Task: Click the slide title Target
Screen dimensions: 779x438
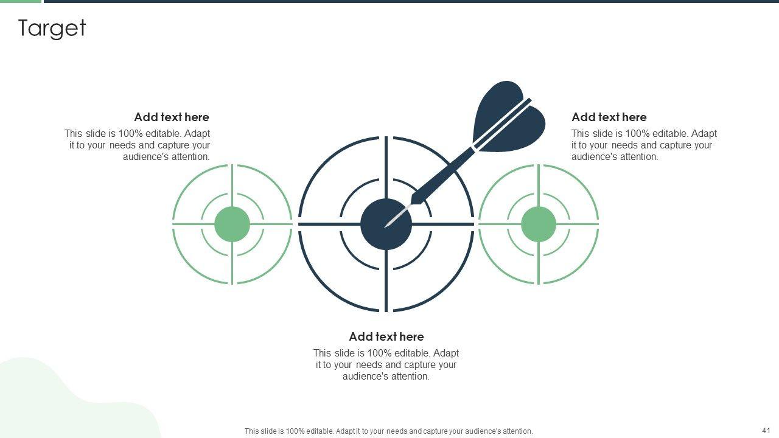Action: [52, 29]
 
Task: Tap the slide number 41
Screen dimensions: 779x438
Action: [766, 430]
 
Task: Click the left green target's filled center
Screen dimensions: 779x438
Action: [232, 224]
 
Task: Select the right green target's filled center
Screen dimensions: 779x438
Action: [539, 224]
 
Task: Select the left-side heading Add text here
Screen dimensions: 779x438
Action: [172, 117]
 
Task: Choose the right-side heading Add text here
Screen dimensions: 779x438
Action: [609, 117]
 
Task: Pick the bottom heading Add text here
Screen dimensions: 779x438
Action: [386, 336]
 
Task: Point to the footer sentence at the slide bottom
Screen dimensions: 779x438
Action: [388, 431]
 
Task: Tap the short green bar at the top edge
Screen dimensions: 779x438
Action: [21, 1]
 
